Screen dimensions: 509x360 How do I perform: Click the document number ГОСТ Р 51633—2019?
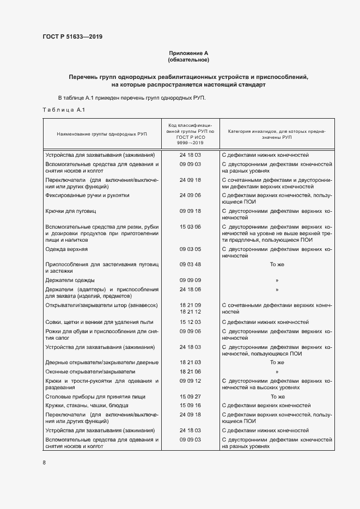(x=72, y=37)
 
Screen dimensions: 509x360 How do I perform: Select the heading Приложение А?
(x=188, y=53)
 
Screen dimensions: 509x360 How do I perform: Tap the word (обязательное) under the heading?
(x=188, y=59)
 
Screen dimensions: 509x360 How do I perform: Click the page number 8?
(x=44, y=463)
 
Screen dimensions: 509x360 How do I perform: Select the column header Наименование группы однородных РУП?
(x=102, y=133)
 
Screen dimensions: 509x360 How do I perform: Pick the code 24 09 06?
(x=190, y=195)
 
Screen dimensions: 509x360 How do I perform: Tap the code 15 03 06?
(x=190, y=226)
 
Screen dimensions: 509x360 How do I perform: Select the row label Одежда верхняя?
(x=66, y=249)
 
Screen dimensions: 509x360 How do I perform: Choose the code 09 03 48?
(x=190, y=265)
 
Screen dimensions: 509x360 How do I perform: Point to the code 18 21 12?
(x=190, y=312)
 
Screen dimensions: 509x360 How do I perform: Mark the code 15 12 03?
(x=190, y=322)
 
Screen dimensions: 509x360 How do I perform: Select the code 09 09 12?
(x=190, y=381)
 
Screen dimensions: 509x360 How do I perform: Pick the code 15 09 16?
(x=190, y=406)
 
